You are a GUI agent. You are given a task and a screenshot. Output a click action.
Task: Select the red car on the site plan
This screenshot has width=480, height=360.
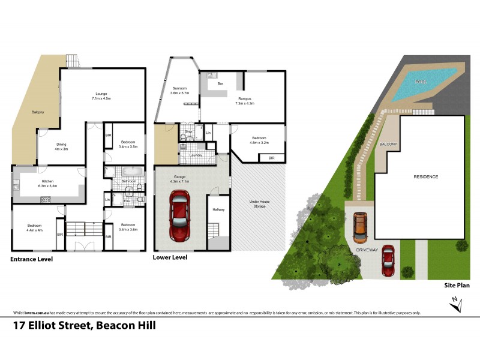point(388,261)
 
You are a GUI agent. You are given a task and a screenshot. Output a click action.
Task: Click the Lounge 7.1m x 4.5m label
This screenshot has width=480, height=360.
point(103,95)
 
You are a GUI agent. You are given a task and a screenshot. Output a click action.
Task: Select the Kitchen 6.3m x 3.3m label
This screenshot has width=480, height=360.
point(48,183)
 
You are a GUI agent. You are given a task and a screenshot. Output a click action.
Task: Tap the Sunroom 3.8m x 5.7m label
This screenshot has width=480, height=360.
point(179,91)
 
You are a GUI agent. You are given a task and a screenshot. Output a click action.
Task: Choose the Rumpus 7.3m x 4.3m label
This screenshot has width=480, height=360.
point(245,101)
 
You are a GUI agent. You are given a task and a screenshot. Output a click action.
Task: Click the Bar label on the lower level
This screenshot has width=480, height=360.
point(221,83)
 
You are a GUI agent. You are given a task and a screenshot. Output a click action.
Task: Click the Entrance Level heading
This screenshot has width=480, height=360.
point(31,259)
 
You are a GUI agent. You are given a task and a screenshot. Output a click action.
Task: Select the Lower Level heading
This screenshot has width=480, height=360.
point(171,257)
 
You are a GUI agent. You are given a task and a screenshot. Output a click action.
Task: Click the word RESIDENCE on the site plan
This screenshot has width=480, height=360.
point(425,177)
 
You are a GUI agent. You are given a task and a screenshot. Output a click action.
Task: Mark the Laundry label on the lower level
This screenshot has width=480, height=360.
point(193,155)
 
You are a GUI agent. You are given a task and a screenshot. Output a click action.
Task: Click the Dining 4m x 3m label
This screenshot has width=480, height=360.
point(61,146)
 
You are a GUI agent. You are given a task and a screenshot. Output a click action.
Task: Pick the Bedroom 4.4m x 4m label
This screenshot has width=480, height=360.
point(34,228)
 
